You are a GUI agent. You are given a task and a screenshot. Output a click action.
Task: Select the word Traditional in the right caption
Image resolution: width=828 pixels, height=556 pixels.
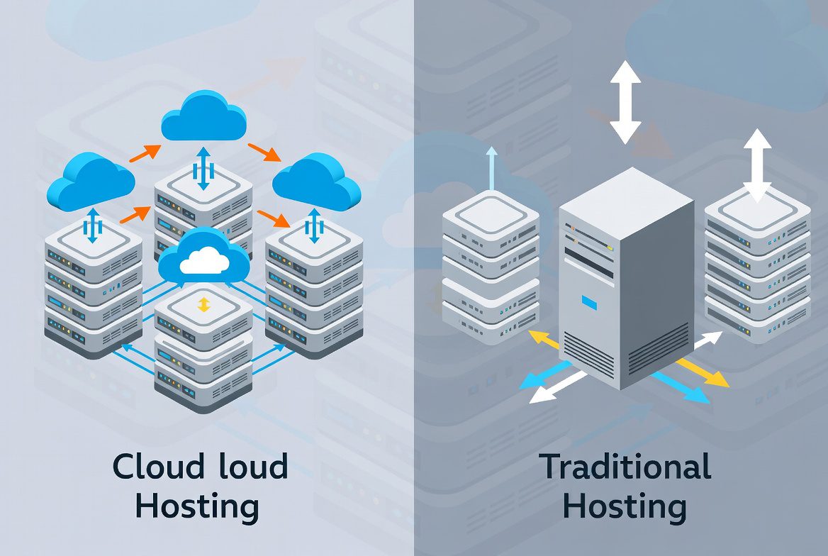[625, 467]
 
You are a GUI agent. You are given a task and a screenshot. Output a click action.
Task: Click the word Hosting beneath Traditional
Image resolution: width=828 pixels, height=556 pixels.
[625, 508]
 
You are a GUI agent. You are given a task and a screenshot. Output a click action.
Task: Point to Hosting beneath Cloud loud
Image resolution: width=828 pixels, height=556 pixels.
[196, 508]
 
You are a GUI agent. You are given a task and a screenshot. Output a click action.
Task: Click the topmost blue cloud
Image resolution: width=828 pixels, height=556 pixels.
[203, 117]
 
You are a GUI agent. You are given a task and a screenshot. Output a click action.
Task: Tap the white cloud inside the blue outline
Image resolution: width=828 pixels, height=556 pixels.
[203, 263]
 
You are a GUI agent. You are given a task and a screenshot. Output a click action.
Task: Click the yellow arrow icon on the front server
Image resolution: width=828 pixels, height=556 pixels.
[203, 305]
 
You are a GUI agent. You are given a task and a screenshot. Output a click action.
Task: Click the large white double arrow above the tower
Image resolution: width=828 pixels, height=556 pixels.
[625, 101]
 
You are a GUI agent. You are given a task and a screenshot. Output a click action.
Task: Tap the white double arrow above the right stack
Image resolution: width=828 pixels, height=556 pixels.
[757, 165]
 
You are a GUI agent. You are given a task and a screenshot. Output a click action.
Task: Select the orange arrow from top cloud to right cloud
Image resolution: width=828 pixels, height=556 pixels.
[262, 151]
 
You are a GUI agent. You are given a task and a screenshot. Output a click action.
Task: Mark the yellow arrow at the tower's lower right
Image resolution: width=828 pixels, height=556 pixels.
[702, 372]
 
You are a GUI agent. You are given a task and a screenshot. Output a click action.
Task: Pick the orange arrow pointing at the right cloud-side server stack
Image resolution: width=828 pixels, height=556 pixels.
[273, 218]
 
